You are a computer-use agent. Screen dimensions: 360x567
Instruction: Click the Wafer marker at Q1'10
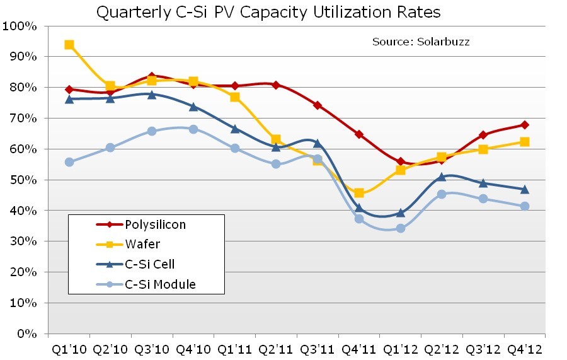(x=69, y=45)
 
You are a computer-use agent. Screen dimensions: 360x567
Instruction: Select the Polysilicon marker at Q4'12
(x=525, y=125)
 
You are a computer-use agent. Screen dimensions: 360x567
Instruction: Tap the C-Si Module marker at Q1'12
(x=401, y=228)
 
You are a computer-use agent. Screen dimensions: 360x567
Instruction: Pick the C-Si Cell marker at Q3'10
(x=152, y=95)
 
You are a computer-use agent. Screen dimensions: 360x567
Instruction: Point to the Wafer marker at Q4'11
(x=359, y=193)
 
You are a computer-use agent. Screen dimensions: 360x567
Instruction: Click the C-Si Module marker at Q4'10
(x=193, y=129)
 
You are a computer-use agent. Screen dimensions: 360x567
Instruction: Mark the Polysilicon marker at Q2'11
(x=276, y=84)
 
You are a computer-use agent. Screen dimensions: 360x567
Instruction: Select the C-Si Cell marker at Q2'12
(x=442, y=177)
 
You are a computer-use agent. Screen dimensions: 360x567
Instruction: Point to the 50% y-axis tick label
(x=24, y=180)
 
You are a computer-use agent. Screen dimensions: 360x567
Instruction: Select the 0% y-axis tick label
(x=27, y=334)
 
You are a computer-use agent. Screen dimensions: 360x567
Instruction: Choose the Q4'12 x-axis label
(x=525, y=349)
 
